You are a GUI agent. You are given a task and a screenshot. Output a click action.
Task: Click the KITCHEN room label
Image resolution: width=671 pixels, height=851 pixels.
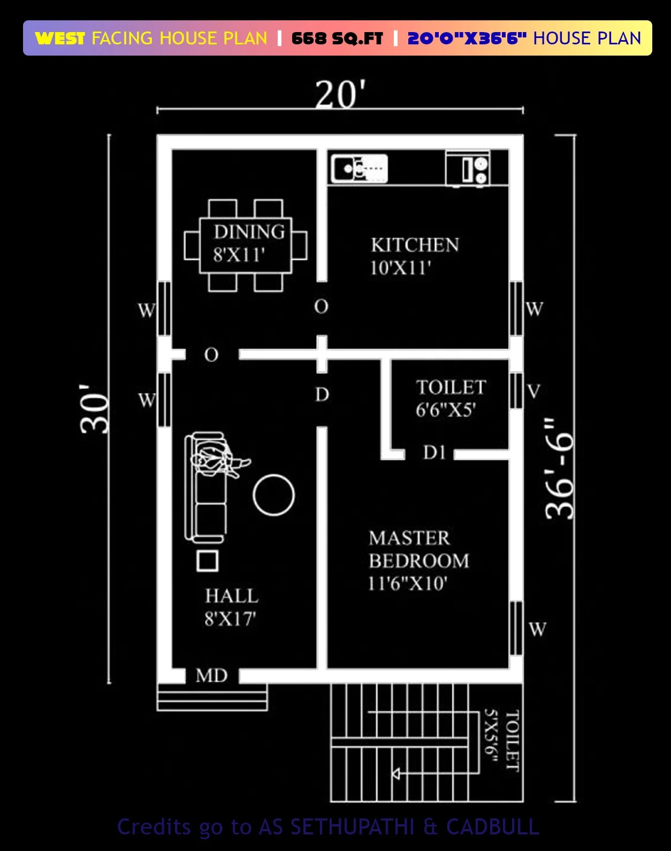tap(415, 245)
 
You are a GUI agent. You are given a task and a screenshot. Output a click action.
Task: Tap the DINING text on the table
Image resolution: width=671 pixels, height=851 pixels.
tap(249, 232)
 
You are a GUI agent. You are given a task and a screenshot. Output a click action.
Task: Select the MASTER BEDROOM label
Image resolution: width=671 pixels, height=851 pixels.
tap(419, 550)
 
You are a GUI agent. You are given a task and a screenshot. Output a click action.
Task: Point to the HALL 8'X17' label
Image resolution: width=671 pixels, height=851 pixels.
tap(232, 607)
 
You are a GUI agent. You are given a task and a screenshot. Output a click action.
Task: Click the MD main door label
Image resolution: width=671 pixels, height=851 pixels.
tap(212, 676)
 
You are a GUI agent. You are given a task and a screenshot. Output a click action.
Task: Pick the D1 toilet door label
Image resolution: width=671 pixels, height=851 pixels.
tap(434, 452)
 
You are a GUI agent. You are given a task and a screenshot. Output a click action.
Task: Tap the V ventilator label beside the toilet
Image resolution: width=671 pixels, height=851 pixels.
tap(533, 391)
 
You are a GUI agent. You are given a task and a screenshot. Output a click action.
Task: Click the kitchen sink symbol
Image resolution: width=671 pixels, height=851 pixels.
tap(360, 168)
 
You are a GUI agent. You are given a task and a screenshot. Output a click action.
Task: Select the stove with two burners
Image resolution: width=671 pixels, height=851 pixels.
tap(468, 168)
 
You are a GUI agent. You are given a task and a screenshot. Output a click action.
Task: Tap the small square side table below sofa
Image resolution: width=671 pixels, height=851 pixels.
tap(208, 561)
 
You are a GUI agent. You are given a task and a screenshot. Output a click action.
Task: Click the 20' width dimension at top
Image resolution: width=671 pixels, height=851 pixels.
tap(340, 94)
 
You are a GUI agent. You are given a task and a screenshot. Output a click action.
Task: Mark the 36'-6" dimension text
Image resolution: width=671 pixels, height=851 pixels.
tap(559, 468)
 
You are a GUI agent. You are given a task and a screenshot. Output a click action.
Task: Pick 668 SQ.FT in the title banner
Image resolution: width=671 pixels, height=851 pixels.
tap(337, 38)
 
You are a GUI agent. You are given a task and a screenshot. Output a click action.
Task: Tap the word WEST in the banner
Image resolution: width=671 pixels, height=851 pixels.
tap(60, 38)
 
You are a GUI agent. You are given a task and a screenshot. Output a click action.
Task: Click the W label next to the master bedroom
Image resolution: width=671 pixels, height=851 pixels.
tap(537, 629)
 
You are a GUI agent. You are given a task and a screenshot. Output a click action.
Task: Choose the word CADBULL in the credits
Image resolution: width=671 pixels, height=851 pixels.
tap(493, 826)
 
